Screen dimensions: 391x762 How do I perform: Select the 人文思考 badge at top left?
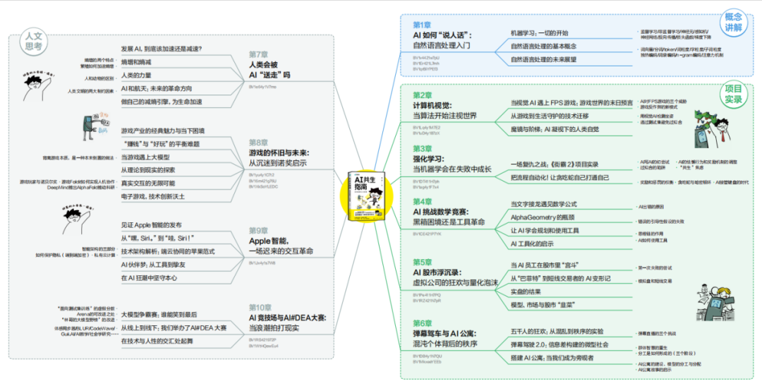click(x=33, y=40)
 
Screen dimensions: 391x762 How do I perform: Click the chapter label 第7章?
click(x=258, y=54)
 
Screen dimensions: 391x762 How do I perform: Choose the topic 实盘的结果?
click(x=526, y=291)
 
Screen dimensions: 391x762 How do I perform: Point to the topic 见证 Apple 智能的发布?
click(x=151, y=224)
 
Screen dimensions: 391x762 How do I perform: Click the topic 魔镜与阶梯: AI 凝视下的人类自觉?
click(x=554, y=130)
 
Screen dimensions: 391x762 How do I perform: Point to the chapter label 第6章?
click(x=423, y=323)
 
